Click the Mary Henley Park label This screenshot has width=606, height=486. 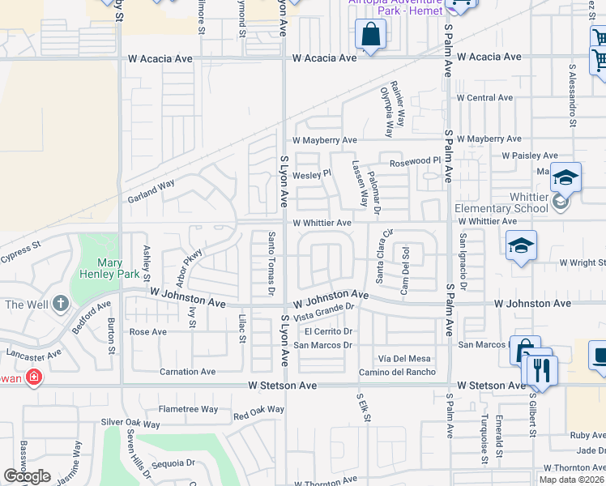109,268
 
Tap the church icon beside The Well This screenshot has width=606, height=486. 59,305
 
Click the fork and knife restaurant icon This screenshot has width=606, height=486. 541,370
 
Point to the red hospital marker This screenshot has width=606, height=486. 34,377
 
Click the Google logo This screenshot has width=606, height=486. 27,476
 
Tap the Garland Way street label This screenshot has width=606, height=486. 151,191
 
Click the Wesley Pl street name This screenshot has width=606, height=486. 312,173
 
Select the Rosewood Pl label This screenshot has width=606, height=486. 414,162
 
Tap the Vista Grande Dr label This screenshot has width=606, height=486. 325,312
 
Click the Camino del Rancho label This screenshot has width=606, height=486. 398,372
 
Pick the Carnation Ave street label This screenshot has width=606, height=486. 187,372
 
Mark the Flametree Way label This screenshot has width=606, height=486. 188,409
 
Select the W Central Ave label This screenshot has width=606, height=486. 485,98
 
